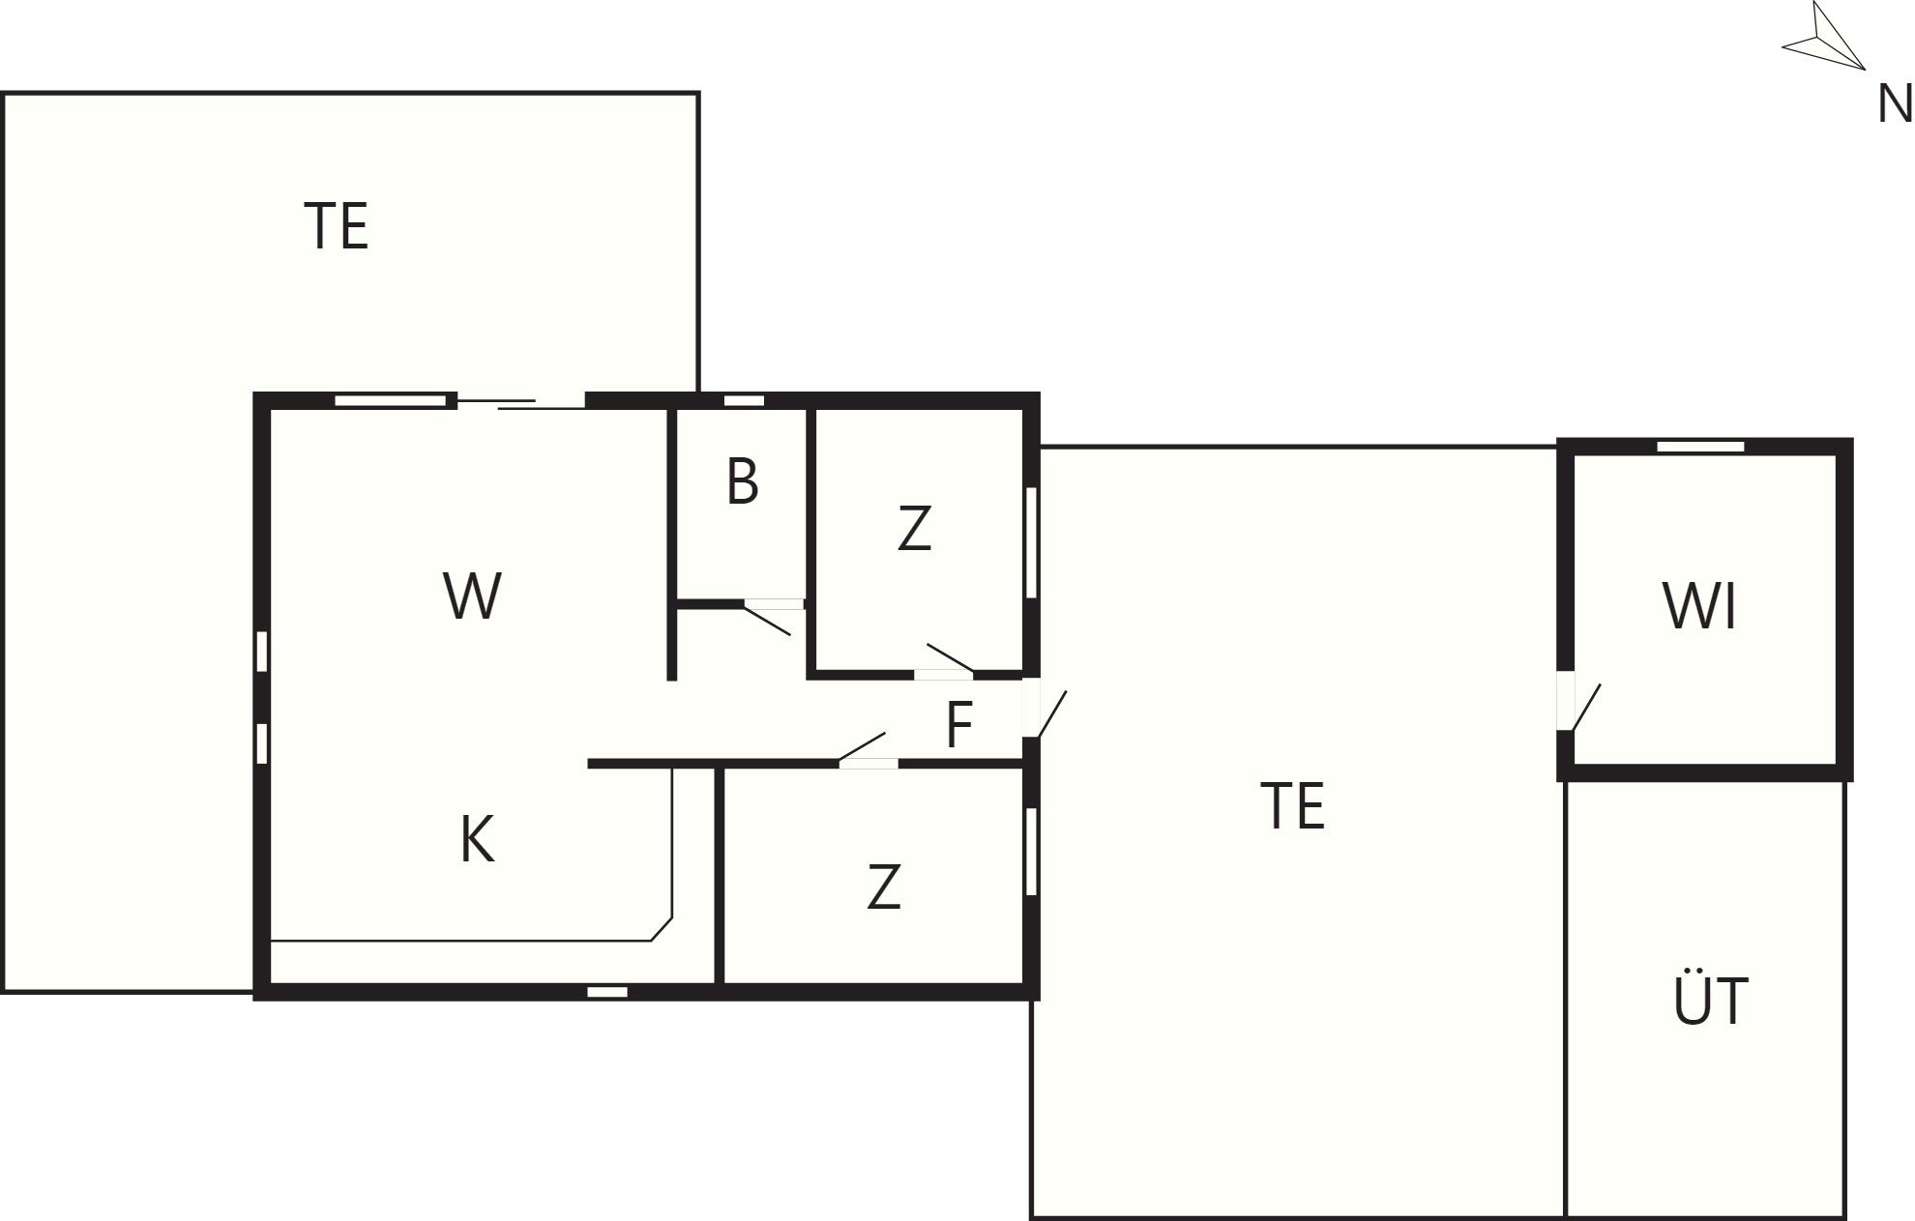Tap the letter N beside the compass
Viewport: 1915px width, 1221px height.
pyautogui.click(x=1894, y=103)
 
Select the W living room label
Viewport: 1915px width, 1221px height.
pyautogui.click(x=472, y=596)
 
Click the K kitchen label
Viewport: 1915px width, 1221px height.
pyautogui.click(x=477, y=839)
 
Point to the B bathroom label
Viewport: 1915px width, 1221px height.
pyautogui.click(x=742, y=481)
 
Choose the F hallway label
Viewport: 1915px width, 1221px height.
pyautogui.click(x=957, y=725)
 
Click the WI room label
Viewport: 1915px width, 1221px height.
pyautogui.click(x=1699, y=606)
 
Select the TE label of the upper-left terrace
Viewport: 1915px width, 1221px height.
pyautogui.click(x=337, y=226)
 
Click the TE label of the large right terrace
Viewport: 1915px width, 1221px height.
pyautogui.click(x=1293, y=806)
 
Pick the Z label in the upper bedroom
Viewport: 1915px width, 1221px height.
pyautogui.click(x=914, y=529)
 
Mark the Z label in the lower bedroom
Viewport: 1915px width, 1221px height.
pyautogui.click(x=884, y=887)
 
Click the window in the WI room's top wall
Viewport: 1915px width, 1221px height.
pyautogui.click(x=1700, y=447)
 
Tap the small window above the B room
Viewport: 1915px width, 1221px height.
pyautogui.click(x=744, y=400)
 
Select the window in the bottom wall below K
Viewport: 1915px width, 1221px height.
pyautogui.click(x=607, y=992)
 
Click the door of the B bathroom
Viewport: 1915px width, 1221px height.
pyautogui.click(x=773, y=616)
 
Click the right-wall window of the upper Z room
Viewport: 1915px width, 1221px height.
pyautogui.click(x=1031, y=542)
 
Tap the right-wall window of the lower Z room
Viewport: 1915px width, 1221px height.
pyautogui.click(x=1031, y=852)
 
